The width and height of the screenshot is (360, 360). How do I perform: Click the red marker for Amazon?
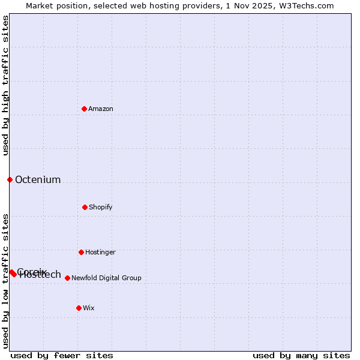pyautogui.click(x=84, y=109)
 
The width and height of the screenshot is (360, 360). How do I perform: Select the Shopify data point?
pyautogui.click(x=85, y=207)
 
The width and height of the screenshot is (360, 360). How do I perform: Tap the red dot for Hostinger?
pyautogui.click(x=81, y=252)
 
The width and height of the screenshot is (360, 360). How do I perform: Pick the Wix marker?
pyautogui.click(x=79, y=308)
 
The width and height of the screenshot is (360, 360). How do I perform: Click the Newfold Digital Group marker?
pyautogui.click(x=67, y=278)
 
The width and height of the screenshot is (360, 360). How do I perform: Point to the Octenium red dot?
pyautogui.click(x=10, y=179)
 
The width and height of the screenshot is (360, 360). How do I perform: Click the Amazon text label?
pyautogui.click(x=101, y=109)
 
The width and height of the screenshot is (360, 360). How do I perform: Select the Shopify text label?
pyautogui.click(x=101, y=207)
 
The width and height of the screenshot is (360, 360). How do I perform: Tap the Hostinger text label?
pyautogui.click(x=100, y=252)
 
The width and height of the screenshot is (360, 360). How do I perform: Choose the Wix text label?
pyautogui.click(x=89, y=308)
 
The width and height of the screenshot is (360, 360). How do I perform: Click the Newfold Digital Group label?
pyautogui.click(x=106, y=278)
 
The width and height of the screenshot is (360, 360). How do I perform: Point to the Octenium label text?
pyautogui.click(x=38, y=179)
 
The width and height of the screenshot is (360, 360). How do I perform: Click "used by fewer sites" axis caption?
pyautogui.click(x=62, y=355)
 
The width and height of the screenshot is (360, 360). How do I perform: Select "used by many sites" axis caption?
pyautogui.click(x=301, y=355)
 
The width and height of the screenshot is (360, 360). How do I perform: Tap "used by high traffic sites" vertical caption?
pyautogui.click(x=5, y=85)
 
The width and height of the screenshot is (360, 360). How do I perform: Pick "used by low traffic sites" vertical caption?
pyautogui.click(x=5, y=280)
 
